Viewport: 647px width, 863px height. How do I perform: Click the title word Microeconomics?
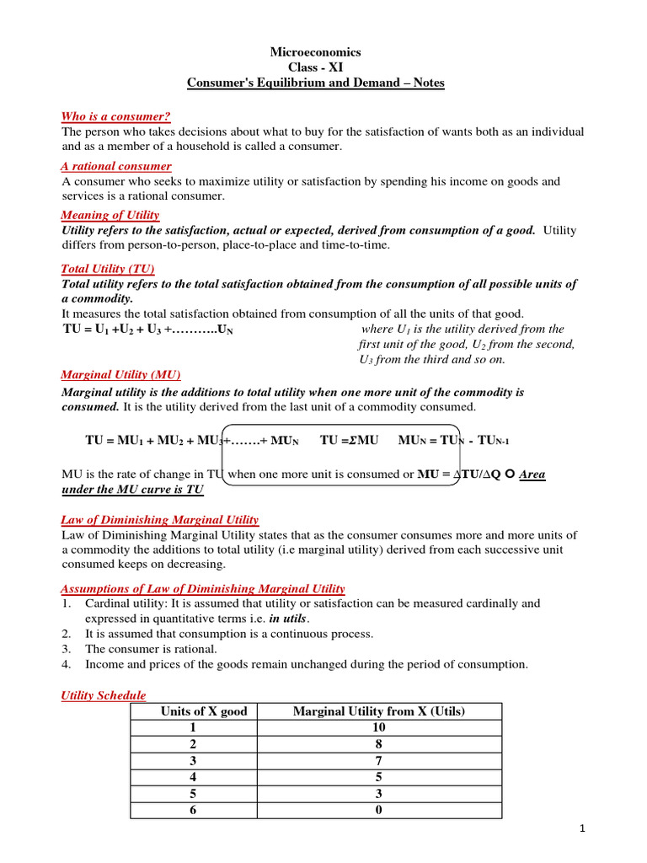(315, 52)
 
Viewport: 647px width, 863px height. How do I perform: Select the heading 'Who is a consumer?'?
(110, 116)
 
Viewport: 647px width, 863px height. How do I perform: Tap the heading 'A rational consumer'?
(116, 166)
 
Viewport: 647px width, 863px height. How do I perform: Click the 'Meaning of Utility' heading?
(110, 215)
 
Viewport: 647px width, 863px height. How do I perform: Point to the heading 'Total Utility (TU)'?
(108, 268)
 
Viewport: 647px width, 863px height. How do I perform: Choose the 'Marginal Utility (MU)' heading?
(121, 374)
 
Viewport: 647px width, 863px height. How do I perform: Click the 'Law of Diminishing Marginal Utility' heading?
(160, 520)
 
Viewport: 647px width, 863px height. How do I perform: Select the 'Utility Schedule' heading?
(104, 695)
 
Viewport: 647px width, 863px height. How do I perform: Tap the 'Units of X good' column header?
(204, 711)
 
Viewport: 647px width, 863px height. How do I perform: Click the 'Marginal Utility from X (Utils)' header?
(379, 711)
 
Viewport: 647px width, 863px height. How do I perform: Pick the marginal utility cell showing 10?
(379, 728)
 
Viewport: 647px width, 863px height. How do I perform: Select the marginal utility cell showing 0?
(379, 810)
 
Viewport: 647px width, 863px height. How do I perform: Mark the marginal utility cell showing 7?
(379, 761)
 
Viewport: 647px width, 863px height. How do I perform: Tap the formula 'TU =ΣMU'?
(350, 441)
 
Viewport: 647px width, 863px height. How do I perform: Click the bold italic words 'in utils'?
(287, 618)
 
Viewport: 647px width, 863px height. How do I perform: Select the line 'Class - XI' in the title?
(315, 67)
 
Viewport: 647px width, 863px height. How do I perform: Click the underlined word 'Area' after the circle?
(532, 474)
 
